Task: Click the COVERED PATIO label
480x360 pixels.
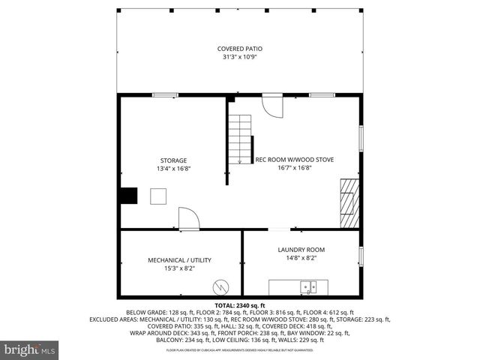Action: click(240, 49)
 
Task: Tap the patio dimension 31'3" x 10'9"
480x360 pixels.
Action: click(240, 57)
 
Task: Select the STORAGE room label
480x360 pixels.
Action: click(172, 160)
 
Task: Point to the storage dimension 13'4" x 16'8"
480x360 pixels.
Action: click(172, 169)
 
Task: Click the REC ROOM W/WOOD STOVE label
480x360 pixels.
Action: click(295, 160)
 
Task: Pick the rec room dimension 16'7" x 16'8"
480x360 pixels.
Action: click(295, 168)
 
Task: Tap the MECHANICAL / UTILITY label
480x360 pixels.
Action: click(179, 260)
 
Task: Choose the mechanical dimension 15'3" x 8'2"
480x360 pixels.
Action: click(179, 268)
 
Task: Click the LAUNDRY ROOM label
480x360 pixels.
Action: click(301, 250)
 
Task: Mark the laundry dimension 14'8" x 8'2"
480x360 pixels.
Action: click(301, 258)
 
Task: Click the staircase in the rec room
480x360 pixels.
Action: click(240, 139)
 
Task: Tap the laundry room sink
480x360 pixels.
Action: click(309, 286)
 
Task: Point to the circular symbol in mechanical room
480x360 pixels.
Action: click(222, 286)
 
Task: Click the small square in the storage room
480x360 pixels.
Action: click(159, 196)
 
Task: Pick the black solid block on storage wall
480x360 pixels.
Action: click(128, 195)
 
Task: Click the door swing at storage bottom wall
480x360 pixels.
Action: click(188, 220)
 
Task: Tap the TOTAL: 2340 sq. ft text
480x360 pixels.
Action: click(240, 306)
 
